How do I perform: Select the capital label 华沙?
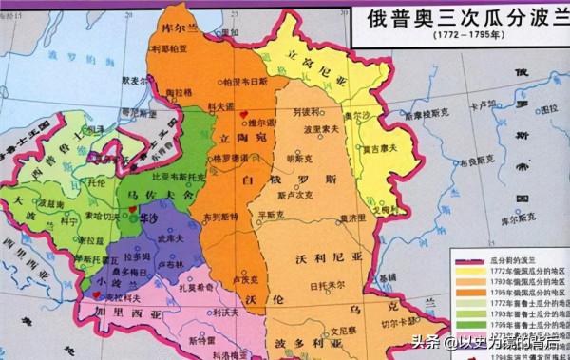pyautogui.click(x=148, y=217)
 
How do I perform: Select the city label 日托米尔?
pyautogui.click(x=327, y=284)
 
